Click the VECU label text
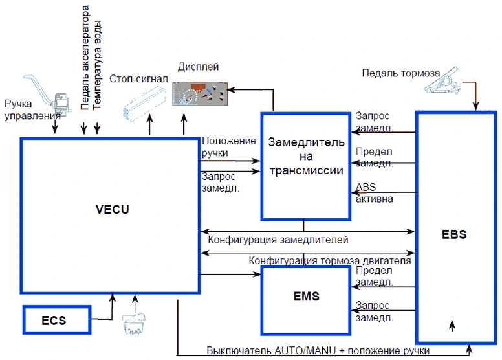[113, 209]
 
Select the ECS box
[57, 320]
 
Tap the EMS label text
[307, 296]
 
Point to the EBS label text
[454, 234]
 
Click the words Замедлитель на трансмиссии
[307, 156]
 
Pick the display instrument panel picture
[200, 94]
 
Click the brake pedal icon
[442, 81]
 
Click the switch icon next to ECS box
[134, 324]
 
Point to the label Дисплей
[198, 67]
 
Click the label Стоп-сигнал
[138, 79]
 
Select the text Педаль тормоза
[401, 73]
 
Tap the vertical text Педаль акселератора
[85, 58]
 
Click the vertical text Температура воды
[97, 65]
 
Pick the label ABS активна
[375, 193]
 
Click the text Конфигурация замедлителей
[278, 240]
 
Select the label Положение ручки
[228, 147]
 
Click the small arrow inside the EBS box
[452, 326]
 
